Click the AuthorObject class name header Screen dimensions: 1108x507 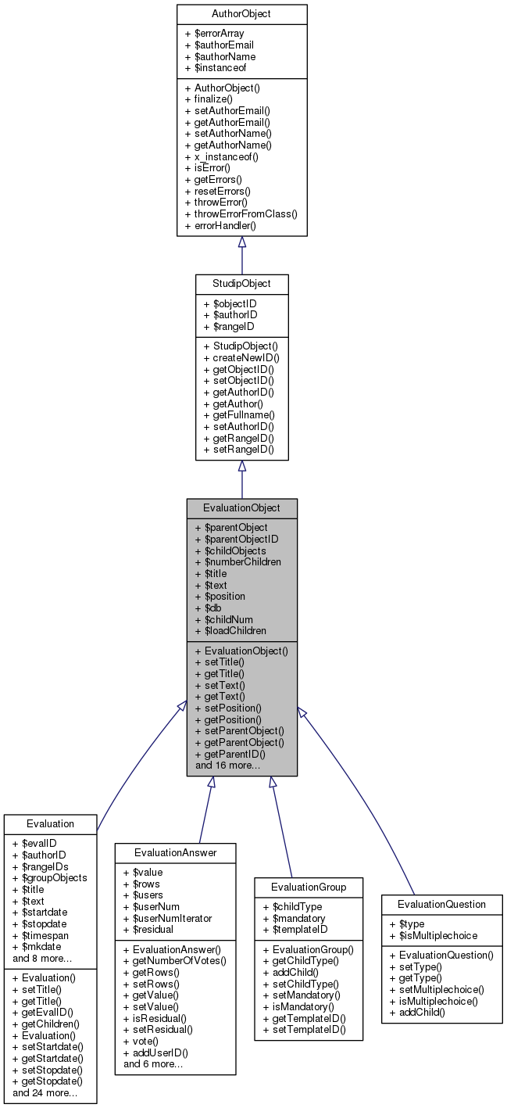pos(241,14)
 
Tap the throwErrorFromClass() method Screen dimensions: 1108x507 pos(241,213)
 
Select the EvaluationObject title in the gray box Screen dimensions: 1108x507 pos(241,508)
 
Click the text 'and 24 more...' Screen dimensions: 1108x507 pos(45,1092)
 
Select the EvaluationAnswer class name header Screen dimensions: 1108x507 pos(175,852)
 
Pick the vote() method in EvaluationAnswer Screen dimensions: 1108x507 pos(140,1041)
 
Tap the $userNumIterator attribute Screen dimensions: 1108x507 pos(167,918)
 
